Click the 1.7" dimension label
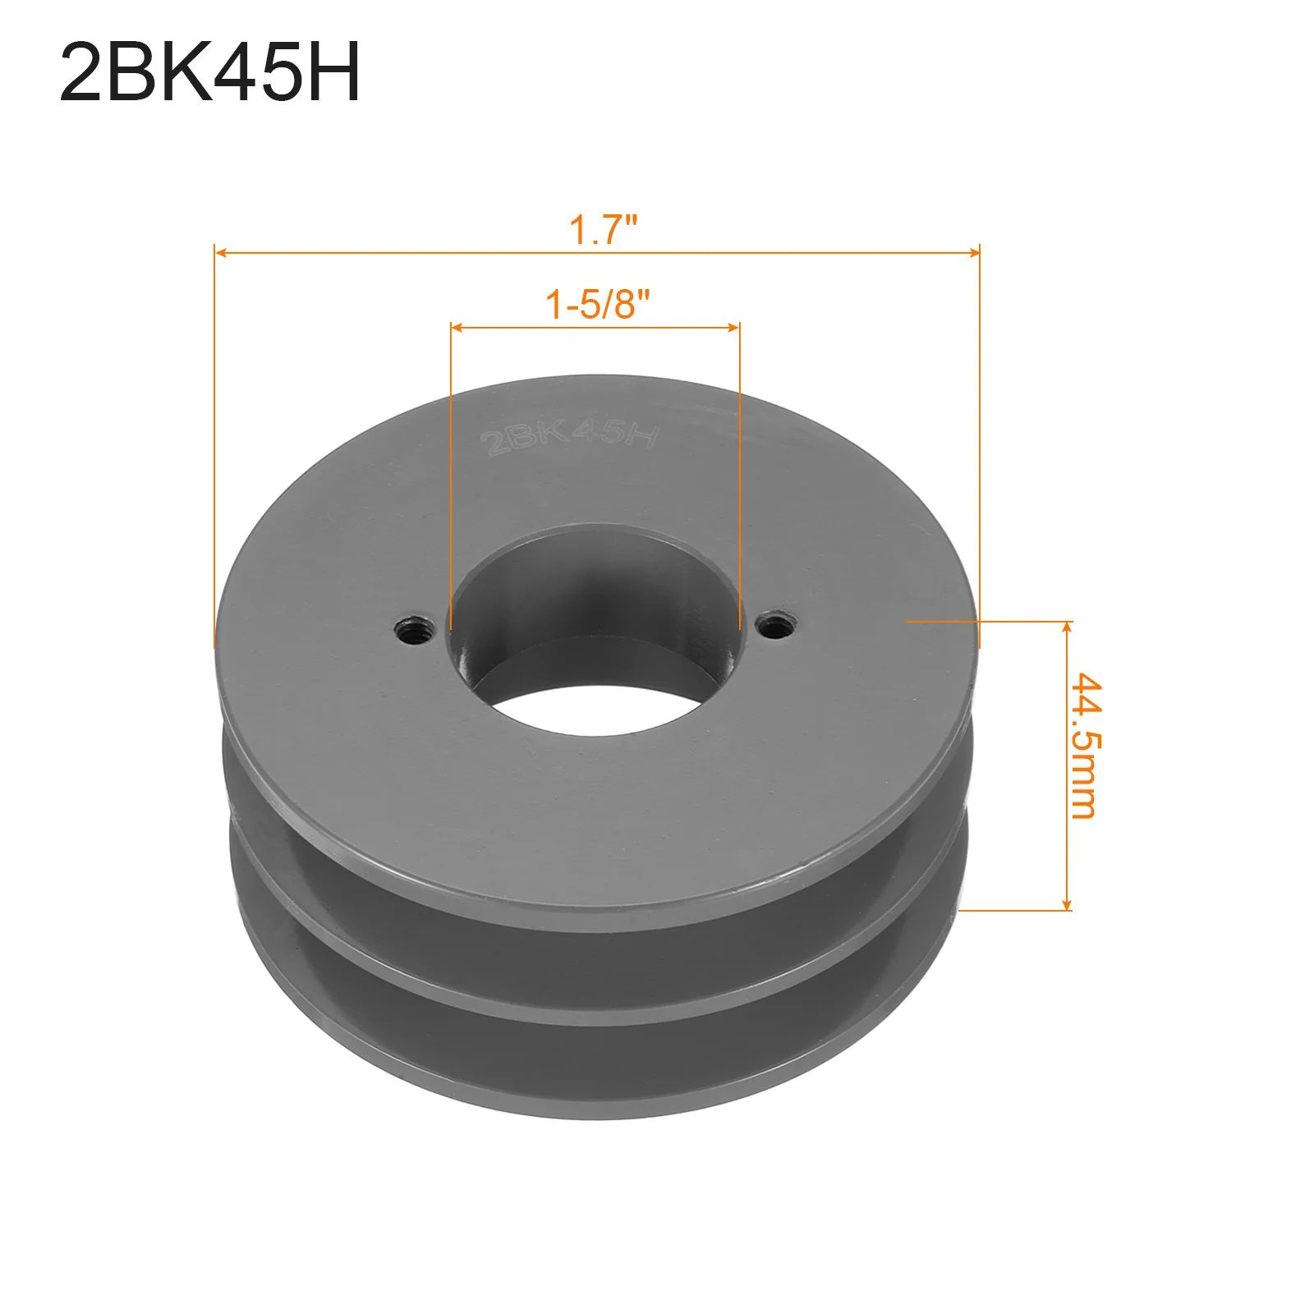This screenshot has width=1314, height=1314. [x=603, y=230]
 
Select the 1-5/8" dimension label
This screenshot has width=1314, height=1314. [x=597, y=305]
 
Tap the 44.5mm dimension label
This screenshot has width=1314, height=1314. [x=1086, y=746]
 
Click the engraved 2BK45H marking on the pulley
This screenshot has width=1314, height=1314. [x=570, y=435]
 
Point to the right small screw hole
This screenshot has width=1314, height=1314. [x=775, y=627]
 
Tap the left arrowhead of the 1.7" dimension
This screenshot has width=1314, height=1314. [x=220, y=252]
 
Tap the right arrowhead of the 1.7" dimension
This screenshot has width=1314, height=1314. [x=974, y=252]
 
